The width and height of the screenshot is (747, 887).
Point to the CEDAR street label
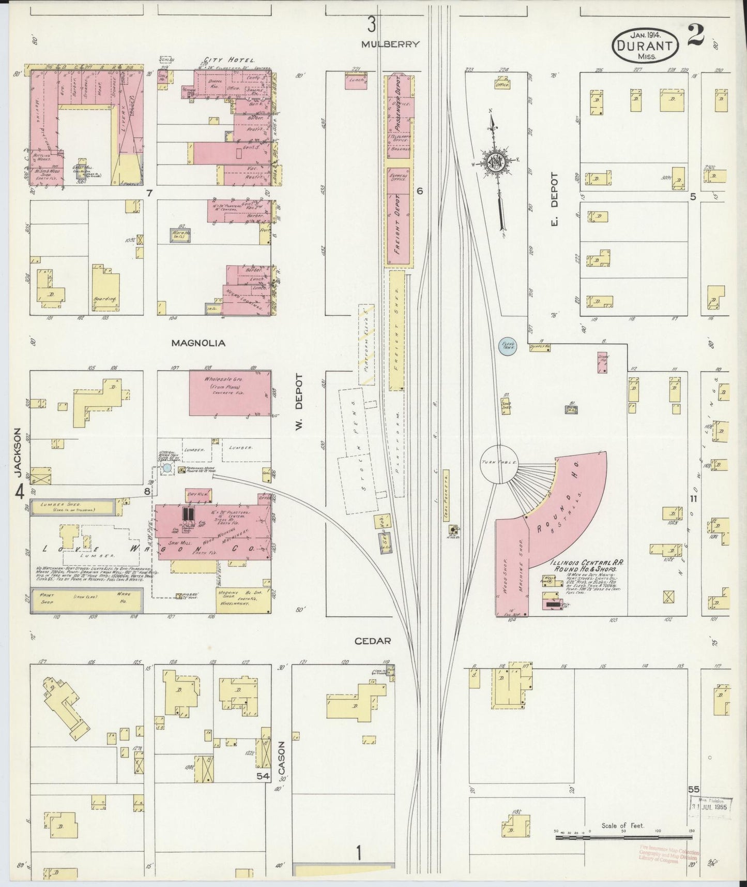coord(373,641)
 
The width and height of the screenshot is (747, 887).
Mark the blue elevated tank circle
coord(507,345)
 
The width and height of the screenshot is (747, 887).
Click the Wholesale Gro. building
coord(230,392)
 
